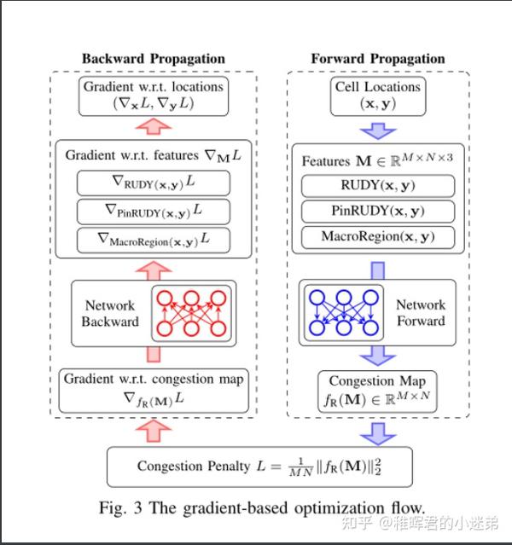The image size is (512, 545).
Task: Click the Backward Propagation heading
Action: pos(154,59)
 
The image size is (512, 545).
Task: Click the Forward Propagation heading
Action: pos(377,59)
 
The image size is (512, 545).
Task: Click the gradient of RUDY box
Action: pos(154,183)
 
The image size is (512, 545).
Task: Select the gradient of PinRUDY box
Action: pos(154,210)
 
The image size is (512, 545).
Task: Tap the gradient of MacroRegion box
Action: pos(154,240)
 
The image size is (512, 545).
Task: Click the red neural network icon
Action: pos(191,312)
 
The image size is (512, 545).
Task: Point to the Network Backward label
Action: pos(110,313)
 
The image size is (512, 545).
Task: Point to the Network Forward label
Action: pos(420,313)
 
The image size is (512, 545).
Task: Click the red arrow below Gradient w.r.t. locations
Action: pos(154,126)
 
